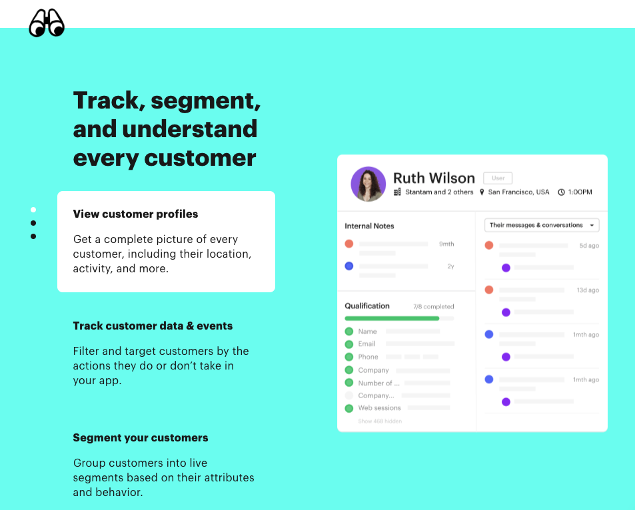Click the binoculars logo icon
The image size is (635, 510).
[x=47, y=23]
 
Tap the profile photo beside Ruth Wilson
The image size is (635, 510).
[x=368, y=184]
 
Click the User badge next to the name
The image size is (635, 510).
[x=498, y=178]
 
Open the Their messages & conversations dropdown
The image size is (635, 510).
[x=542, y=225]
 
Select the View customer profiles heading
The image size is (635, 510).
[x=135, y=214]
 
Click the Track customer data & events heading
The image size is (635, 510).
[x=153, y=326]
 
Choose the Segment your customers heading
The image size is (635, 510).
[x=141, y=437]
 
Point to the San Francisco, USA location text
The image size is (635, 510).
[x=518, y=192]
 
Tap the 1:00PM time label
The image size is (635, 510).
[x=580, y=192]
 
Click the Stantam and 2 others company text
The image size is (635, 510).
[x=439, y=192]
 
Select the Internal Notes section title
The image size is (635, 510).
[x=369, y=226]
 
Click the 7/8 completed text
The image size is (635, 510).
[x=433, y=306]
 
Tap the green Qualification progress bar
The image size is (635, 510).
[x=392, y=318]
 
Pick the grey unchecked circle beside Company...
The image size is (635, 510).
[x=349, y=395]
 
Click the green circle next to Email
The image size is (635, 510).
[x=349, y=344]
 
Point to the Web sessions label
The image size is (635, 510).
[x=379, y=408]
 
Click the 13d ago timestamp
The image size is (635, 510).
[x=588, y=290]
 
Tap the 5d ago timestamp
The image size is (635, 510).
[x=589, y=246]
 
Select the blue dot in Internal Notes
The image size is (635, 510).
[x=349, y=266]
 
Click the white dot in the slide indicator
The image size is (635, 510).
[x=33, y=210]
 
